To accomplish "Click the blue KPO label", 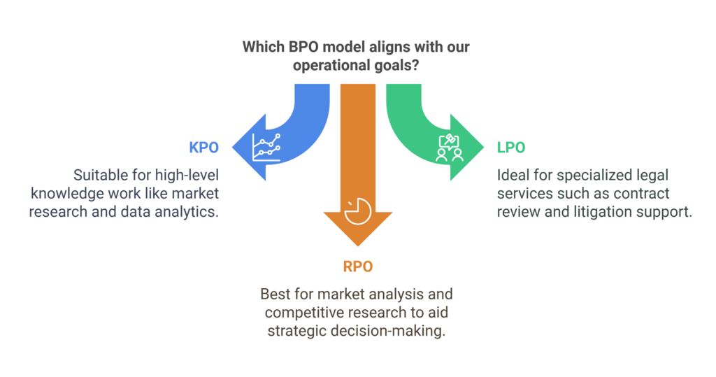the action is pyautogui.click(x=203, y=148).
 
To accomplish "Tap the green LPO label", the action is pyautogui.click(x=511, y=148).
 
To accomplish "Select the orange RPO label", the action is pyautogui.click(x=358, y=266).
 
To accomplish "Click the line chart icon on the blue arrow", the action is pyautogui.click(x=266, y=148).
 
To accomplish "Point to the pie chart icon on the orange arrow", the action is pyautogui.click(x=357, y=211).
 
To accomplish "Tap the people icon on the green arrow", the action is pyautogui.click(x=450, y=148).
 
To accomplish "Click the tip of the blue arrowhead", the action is pyautogui.click(x=232, y=147).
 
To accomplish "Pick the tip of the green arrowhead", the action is pyautogui.click(x=484, y=147).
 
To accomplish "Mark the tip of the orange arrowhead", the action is pyautogui.click(x=358, y=246).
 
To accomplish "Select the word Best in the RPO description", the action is pyautogui.click(x=273, y=294).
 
